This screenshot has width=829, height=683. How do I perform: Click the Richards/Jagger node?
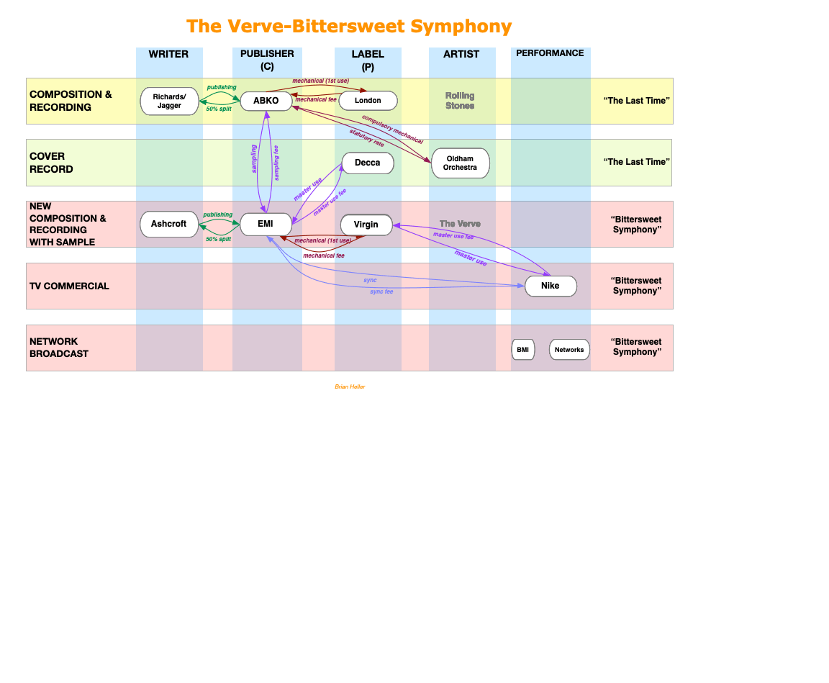pos(169,101)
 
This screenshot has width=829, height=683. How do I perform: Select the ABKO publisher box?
pos(266,101)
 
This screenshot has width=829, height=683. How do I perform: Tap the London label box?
pos(368,101)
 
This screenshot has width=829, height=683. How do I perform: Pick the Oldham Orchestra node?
pos(460,163)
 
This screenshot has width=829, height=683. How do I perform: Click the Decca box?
pos(368,163)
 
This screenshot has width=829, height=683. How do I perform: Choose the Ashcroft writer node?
pos(169,224)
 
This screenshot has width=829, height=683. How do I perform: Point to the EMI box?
pos(266,224)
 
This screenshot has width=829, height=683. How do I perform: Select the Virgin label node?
pos(366,225)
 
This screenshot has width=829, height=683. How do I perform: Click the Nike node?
pos(551,286)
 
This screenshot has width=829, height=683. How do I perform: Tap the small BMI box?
pos(523,350)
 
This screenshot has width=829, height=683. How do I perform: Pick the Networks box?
pos(569,350)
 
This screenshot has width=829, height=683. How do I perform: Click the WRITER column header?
pos(169,54)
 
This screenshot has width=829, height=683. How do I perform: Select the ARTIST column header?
pos(461,54)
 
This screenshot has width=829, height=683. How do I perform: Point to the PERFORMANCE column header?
pos(550,53)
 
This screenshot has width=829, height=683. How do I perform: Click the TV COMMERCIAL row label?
pos(69,286)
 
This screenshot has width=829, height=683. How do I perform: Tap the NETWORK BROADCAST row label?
pos(59,348)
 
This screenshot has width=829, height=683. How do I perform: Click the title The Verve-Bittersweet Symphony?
pos(349,27)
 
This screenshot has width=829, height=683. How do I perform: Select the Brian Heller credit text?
pos(350,386)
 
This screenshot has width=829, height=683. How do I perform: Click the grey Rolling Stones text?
pos(460,101)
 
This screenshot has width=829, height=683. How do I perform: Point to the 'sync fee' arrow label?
pos(381,291)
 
